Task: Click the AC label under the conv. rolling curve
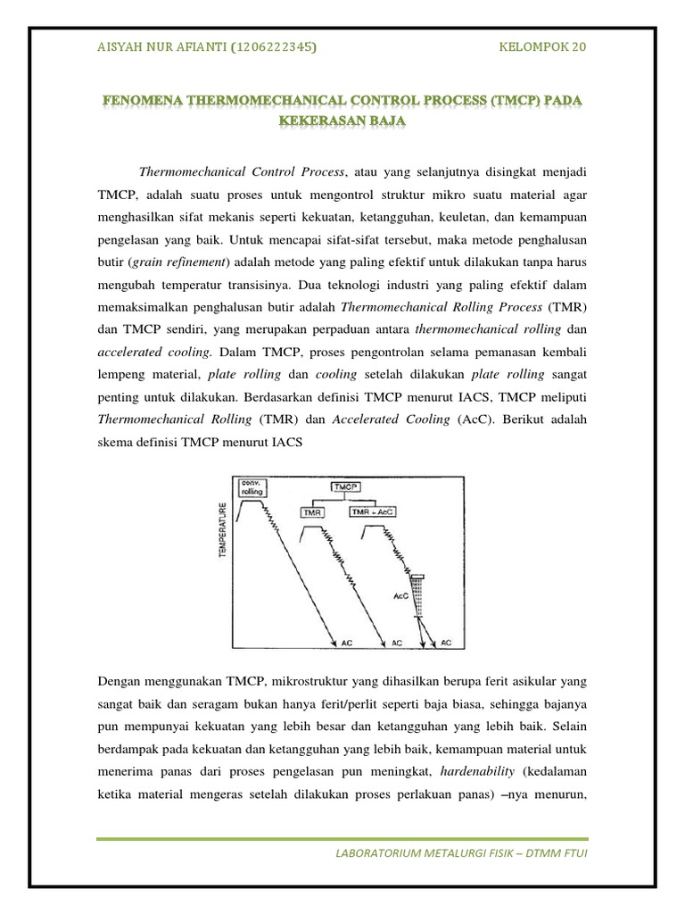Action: [x=349, y=642]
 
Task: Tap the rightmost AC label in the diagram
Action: [x=447, y=642]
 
